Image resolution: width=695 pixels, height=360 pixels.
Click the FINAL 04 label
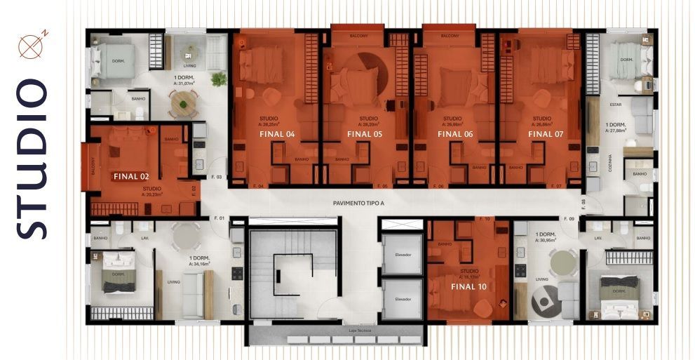[x=277, y=133]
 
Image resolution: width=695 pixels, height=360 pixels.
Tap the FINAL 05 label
[x=365, y=133]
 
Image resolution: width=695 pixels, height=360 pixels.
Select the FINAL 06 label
[x=455, y=133]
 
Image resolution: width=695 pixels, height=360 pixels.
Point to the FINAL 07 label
[x=545, y=133]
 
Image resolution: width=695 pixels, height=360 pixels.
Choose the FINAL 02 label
[x=131, y=177]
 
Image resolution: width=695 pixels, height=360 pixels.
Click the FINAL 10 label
[x=469, y=286]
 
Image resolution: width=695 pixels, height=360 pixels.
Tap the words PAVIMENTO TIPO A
[x=359, y=203]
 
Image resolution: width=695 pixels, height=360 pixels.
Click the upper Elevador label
[x=403, y=255]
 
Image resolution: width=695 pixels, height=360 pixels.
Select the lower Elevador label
[x=403, y=299]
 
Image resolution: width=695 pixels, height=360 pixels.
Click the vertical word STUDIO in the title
[x=32, y=159]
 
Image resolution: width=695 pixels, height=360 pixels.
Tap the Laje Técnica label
[x=359, y=329]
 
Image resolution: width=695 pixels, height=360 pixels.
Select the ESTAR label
[x=616, y=104]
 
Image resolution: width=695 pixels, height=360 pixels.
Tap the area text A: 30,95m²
[x=546, y=240]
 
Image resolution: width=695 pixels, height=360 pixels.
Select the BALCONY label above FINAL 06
[x=449, y=35]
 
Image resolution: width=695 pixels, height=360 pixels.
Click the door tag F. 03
[x=216, y=178]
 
